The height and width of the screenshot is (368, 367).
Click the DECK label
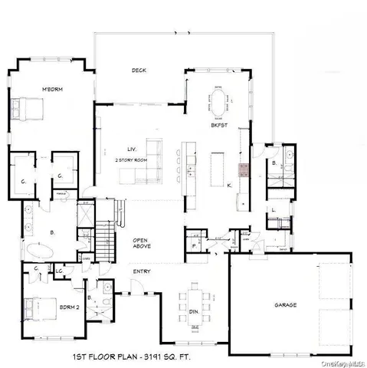click(x=139, y=71)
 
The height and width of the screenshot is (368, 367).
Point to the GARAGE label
click(x=285, y=304)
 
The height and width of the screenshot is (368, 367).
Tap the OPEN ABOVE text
click(x=140, y=243)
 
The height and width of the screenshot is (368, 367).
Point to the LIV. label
click(x=132, y=149)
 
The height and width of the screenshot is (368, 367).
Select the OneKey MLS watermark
click(x=347, y=363)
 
